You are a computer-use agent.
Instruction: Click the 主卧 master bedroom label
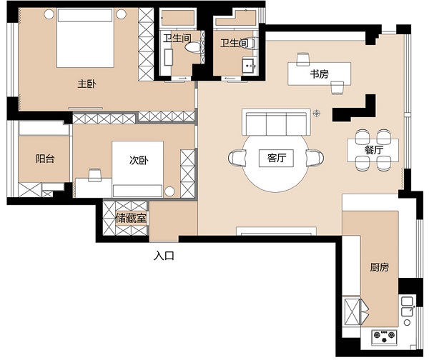[x=87, y=84]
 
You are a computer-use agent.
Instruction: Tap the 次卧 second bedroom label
[x=139, y=160]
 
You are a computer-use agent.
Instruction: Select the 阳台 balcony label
[x=45, y=159]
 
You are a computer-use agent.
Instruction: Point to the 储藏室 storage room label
[x=131, y=218]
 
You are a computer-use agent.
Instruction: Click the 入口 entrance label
[x=164, y=256]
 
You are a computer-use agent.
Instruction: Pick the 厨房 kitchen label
[x=379, y=267]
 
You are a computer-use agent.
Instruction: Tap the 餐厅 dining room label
[x=374, y=150]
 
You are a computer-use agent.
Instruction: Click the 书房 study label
[x=320, y=74]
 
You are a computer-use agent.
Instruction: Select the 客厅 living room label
[x=277, y=158]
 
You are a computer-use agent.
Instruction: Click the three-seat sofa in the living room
[x=276, y=122]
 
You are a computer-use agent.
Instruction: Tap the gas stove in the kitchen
[x=384, y=336]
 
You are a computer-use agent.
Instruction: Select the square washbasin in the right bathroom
[x=248, y=66]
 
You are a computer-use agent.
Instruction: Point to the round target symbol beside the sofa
[x=317, y=113]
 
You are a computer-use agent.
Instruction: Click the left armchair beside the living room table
[x=237, y=158]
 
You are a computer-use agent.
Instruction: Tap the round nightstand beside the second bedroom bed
[x=169, y=191]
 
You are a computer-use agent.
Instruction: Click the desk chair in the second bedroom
[x=94, y=175]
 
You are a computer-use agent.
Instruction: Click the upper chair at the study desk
[x=303, y=59]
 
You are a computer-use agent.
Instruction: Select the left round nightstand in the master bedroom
[x=49, y=14]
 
